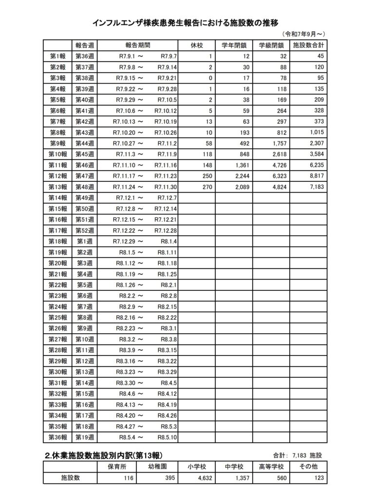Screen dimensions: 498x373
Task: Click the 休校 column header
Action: [197, 45]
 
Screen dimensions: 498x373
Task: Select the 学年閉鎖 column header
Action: [234, 45]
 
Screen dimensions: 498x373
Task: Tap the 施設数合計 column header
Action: [308, 45]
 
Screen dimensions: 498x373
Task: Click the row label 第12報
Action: [58, 176]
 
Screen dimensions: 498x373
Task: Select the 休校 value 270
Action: [207, 187]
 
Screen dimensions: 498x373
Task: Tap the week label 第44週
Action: [85, 143]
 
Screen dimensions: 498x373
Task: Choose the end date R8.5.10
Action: [168, 437]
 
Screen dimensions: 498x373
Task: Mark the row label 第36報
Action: [58, 437]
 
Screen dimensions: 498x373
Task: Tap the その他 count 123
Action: [316, 478]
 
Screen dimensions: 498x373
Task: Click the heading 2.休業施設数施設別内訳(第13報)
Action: [103, 455]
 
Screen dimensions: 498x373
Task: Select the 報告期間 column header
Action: [137, 45]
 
